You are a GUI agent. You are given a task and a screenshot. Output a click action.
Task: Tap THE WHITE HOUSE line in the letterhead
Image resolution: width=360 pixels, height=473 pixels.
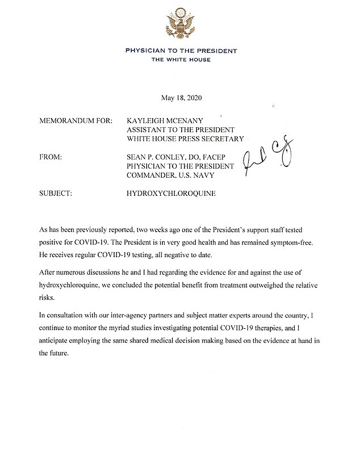coord(180,60)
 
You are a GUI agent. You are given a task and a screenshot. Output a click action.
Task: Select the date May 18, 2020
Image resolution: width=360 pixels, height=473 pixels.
coord(180,98)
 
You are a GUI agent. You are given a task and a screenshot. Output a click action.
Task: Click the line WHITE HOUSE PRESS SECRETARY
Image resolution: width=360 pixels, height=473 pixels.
coord(185,139)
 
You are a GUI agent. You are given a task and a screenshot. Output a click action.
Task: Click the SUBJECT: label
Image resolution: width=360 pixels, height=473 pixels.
coord(56,193)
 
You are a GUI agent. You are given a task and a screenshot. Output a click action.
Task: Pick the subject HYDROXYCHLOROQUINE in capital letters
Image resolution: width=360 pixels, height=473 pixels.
coord(171,193)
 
